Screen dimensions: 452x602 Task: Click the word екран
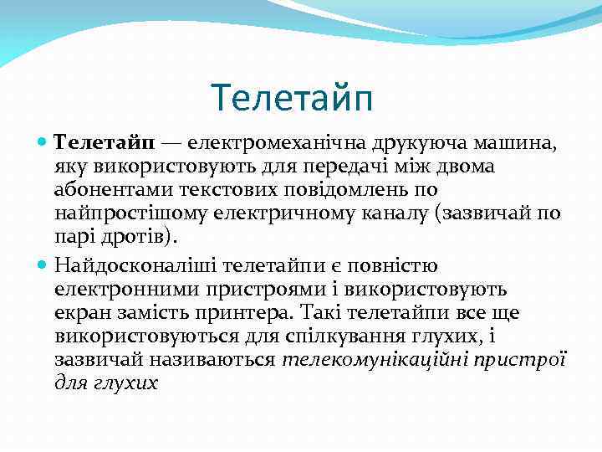(79, 311)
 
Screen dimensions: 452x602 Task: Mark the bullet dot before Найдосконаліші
(43, 267)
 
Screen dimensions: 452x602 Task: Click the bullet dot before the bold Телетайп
(43, 144)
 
